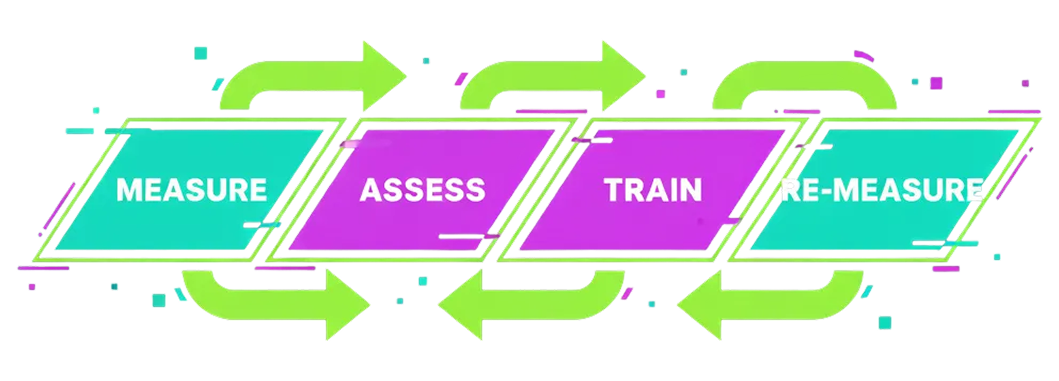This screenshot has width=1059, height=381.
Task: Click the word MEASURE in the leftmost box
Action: [x=192, y=190]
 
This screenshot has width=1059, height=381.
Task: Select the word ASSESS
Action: [x=422, y=190]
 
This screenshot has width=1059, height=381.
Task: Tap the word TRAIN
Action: [x=653, y=190]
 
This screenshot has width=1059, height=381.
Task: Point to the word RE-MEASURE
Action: [x=881, y=190]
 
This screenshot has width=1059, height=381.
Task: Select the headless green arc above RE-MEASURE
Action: [x=804, y=80]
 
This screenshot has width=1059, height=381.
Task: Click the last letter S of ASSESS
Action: [x=475, y=190]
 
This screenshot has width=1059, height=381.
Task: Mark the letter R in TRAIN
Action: [x=635, y=190]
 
